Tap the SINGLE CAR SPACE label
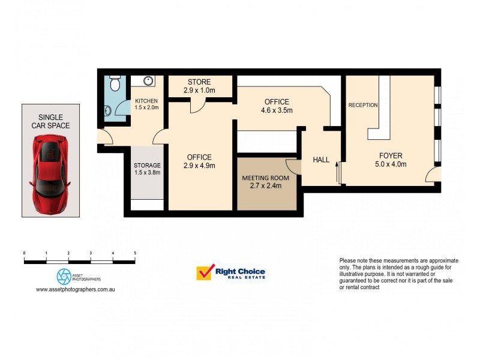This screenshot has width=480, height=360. tap(50, 121)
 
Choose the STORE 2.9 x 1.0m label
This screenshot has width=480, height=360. tap(199, 86)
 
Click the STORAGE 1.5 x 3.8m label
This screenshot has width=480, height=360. tap(147, 169)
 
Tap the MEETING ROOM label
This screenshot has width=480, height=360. tap(265, 182)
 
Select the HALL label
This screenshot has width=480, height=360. tap(321, 160)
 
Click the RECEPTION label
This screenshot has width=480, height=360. tap(363, 106)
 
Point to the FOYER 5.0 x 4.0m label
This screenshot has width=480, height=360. tap(391, 160)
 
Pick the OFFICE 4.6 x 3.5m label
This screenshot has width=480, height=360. tap(276, 106)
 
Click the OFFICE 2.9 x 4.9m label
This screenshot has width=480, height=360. tap(199, 161)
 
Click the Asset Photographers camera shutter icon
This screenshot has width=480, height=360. tap(64, 276)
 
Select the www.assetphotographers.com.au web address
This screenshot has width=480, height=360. tap(76, 289)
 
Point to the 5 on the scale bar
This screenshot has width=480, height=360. tap(135, 253)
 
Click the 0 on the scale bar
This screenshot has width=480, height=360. tap(24, 253)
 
